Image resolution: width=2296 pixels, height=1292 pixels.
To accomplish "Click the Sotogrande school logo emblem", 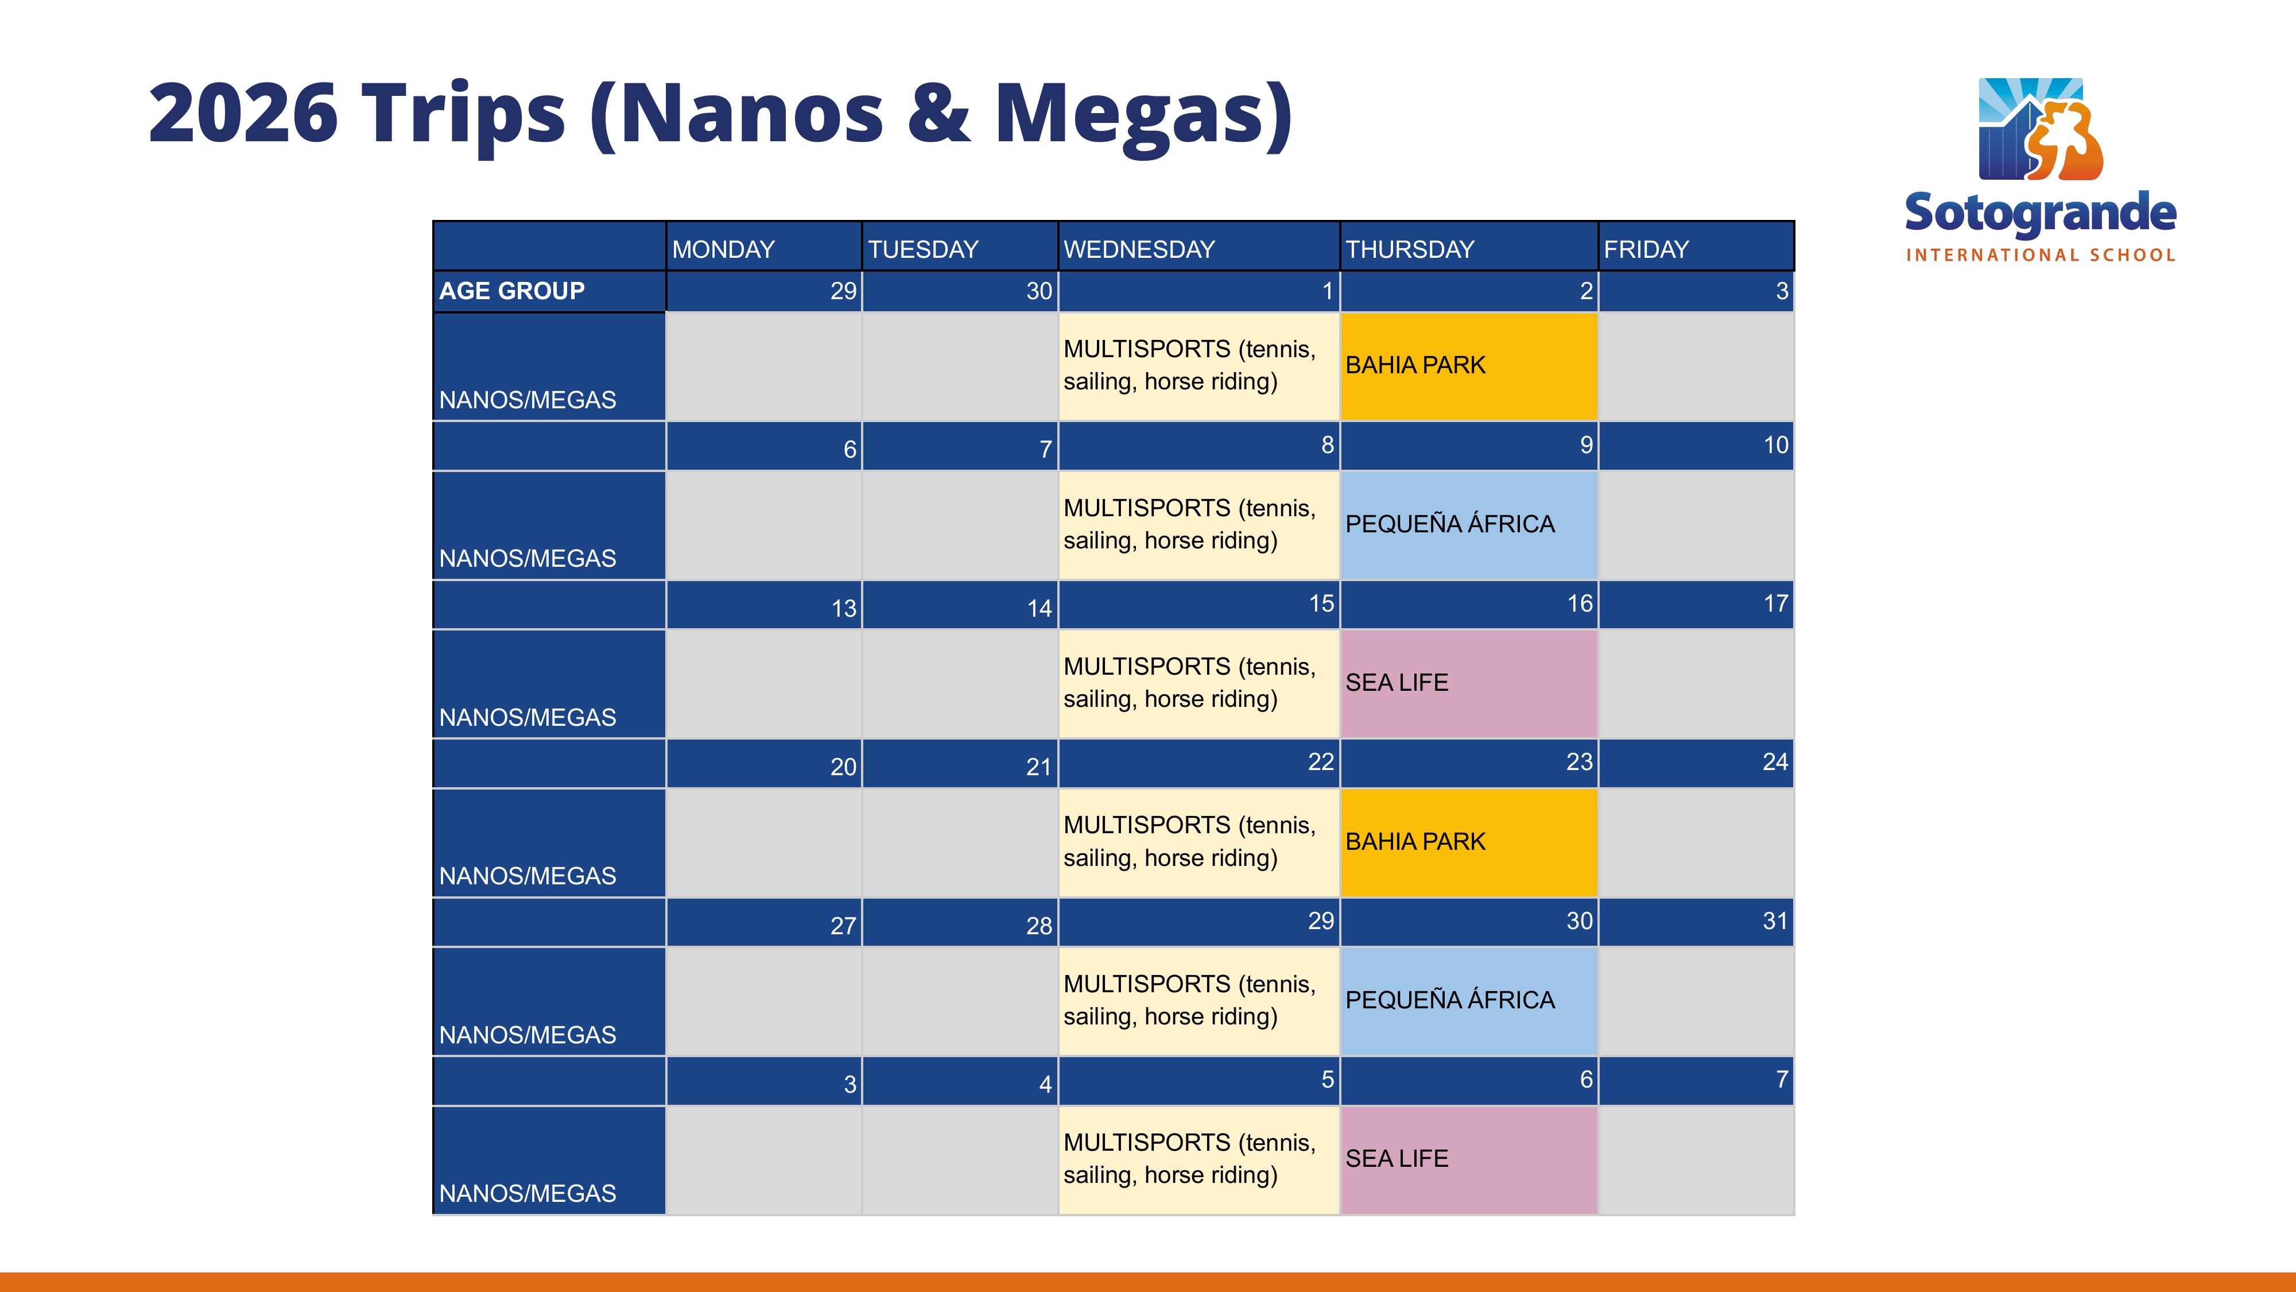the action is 2040,129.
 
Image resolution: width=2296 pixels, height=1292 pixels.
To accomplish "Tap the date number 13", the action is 843,608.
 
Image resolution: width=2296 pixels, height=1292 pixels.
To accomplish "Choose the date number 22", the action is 1321,761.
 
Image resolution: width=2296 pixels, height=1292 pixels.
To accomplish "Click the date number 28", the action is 1040,926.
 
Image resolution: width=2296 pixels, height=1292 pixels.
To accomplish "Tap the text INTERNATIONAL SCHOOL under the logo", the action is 2040,255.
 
